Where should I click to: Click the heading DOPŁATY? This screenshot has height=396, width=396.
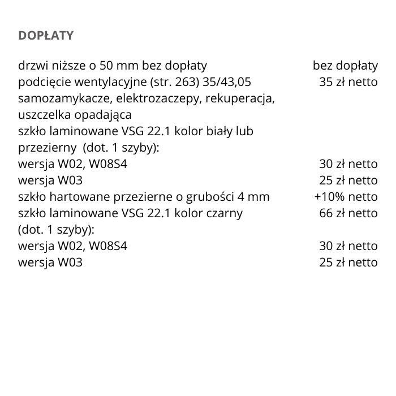[x=46, y=36]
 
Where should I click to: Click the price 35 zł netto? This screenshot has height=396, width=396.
[x=348, y=82]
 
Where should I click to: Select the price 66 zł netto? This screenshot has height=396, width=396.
[x=348, y=213]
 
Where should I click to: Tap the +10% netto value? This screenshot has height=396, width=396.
[x=346, y=197]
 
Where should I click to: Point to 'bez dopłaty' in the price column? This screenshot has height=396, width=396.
[x=345, y=66]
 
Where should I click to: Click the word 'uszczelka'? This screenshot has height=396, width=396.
[x=42, y=115]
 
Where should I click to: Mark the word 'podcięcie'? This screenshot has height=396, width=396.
[x=42, y=82]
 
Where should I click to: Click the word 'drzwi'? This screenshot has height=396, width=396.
[x=32, y=66]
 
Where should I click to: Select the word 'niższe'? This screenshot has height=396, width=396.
[x=64, y=66]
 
